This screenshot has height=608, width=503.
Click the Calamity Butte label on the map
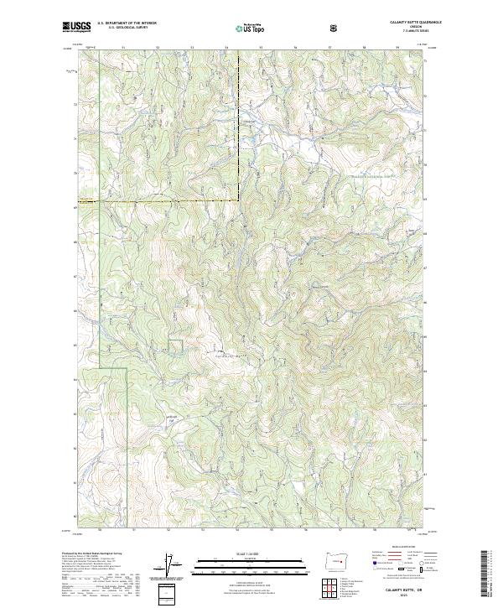point(220,355)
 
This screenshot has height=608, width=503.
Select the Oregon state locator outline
point(335,559)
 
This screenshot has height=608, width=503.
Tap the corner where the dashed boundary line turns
point(238,200)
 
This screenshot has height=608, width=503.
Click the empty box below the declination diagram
point(167,590)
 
